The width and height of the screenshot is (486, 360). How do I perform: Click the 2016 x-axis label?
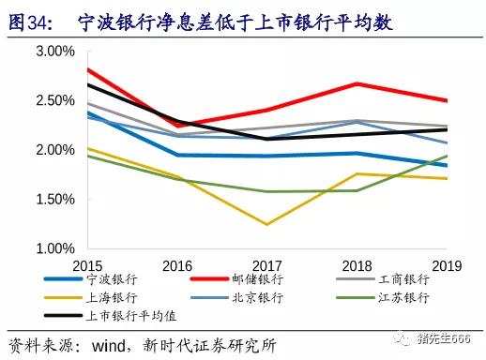coord(176,264)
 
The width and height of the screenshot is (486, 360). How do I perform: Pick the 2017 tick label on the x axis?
coord(266,264)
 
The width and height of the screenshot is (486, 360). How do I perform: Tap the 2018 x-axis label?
coord(357,264)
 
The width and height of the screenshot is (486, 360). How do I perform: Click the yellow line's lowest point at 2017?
coord(266,225)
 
